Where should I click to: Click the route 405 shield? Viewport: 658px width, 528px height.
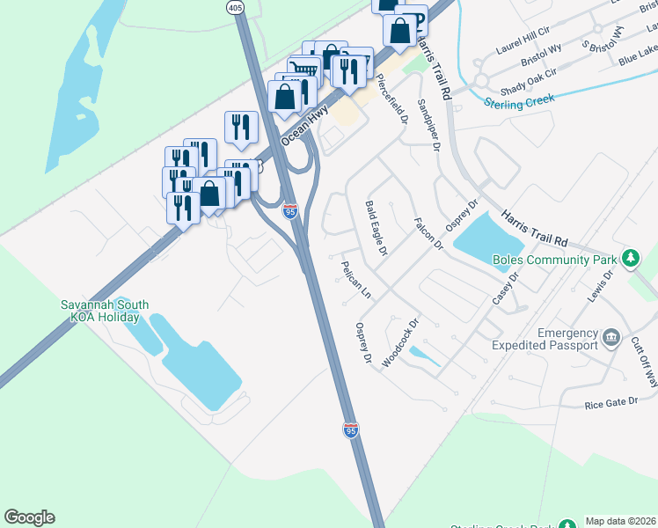tap(235, 7)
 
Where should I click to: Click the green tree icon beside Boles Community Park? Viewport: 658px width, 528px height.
tap(630, 259)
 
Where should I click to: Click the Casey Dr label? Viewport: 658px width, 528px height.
tap(507, 288)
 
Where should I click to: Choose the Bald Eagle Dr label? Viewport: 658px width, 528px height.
tap(376, 228)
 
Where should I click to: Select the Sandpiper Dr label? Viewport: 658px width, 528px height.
tap(428, 124)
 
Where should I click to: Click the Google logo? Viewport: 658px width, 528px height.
tap(29, 517)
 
